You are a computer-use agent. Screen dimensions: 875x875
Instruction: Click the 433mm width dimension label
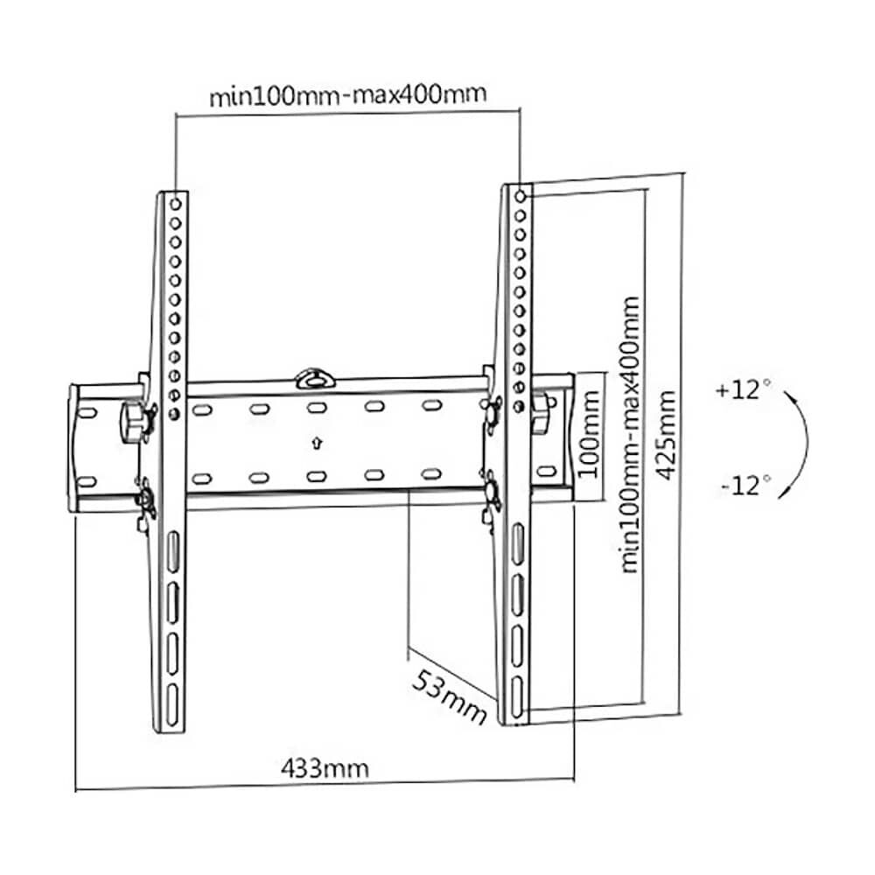point(325,769)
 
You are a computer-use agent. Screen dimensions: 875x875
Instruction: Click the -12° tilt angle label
point(745,484)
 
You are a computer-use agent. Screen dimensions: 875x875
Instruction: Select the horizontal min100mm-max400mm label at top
point(347,94)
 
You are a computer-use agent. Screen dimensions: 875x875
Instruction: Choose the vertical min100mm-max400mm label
point(630,434)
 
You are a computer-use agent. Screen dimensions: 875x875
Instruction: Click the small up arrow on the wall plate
point(316,442)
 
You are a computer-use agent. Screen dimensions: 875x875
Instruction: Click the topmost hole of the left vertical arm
point(176,203)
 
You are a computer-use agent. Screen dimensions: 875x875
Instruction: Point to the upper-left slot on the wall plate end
point(87,410)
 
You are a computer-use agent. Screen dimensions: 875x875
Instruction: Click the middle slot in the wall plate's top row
point(316,408)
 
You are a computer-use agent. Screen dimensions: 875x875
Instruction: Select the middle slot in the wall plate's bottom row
point(316,476)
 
